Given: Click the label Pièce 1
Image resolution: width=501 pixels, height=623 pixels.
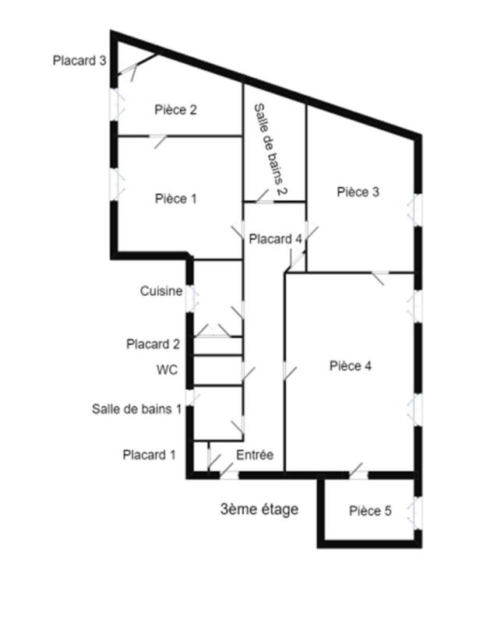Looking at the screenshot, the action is tap(176, 199).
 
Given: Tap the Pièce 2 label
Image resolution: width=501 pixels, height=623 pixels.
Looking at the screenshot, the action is tap(176, 110).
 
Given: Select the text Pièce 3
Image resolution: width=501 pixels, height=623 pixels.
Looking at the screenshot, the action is tap(358, 192).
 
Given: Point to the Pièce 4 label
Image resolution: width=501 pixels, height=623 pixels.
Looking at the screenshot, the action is tap(351, 365).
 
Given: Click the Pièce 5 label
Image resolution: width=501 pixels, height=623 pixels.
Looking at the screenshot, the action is tap(370, 511).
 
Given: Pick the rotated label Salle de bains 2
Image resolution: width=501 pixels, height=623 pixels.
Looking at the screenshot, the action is tap(270, 150).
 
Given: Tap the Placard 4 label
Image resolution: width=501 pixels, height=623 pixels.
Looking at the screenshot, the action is tap(276, 239).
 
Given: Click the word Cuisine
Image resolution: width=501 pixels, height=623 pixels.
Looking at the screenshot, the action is tap(161, 290).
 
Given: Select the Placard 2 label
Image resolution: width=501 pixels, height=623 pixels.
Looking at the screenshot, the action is tap(153, 343).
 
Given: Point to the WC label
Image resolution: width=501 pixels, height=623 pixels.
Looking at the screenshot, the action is tap(167, 369).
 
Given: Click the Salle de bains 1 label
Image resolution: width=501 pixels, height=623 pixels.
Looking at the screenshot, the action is tap(137, 409).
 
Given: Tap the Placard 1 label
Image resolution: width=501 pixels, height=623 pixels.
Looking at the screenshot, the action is tap(149, 455).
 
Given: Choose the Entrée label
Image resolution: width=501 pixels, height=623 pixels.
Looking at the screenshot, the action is tap(255, 455).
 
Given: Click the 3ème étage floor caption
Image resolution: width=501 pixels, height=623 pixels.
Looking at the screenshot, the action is tap(259, 509).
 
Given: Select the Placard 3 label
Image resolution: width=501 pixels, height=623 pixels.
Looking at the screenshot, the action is tap(79, 61).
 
